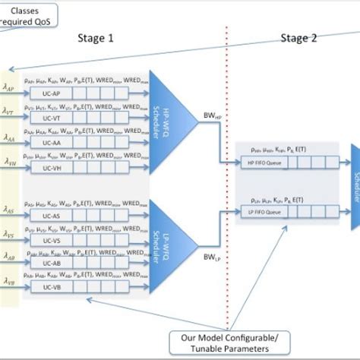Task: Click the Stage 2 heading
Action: (x=293, y=38)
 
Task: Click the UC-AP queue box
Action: (x=46, y=93)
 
